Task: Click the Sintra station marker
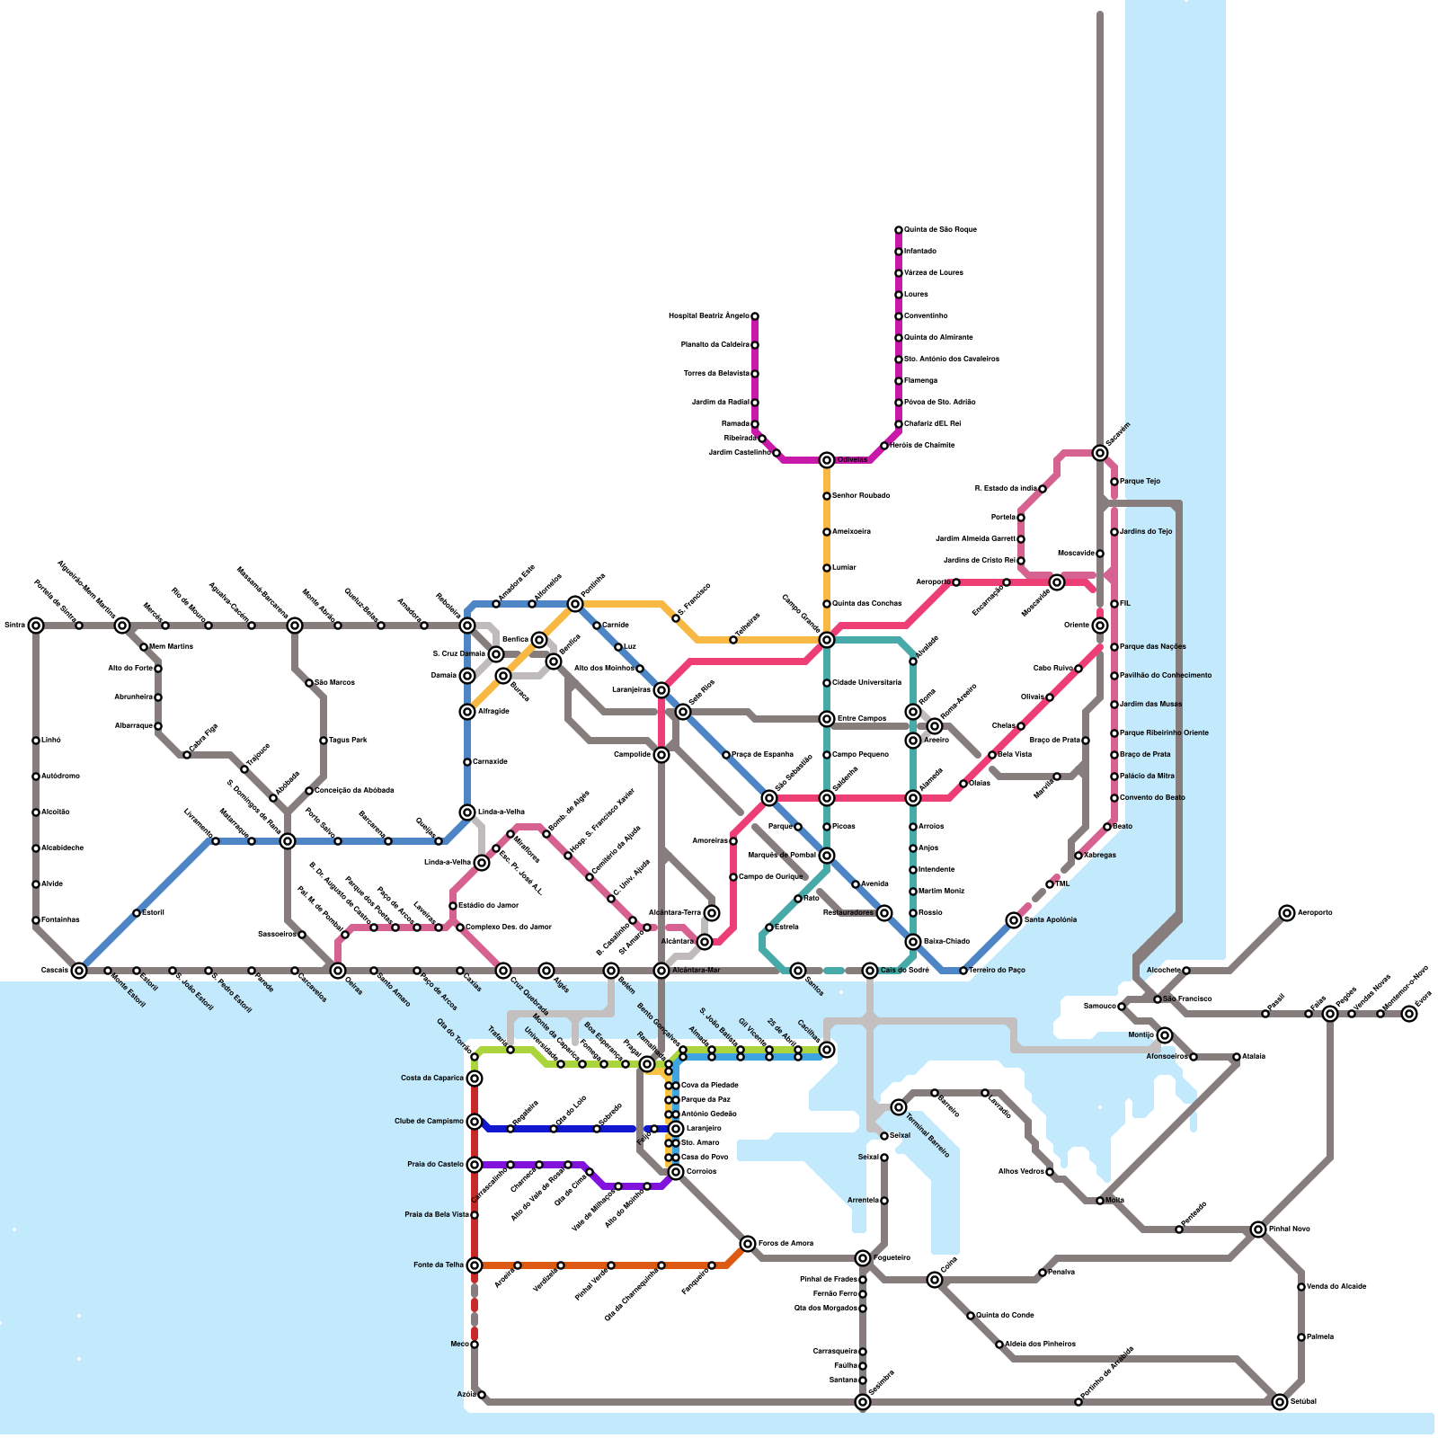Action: point(36,626)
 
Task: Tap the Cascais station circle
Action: point(79,971)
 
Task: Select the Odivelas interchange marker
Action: point(827,460)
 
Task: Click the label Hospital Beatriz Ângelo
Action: point(708,316)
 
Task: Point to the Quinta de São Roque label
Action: point(940,230)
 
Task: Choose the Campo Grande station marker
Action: point(827,640)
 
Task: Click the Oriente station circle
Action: point(1100,626)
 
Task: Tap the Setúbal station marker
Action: point(1280,1402)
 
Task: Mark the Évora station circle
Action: point(1409,1014)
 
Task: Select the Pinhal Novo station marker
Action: point(1258,1229)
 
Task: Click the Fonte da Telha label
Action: point(439,1265)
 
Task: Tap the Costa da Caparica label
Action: point(432,1078)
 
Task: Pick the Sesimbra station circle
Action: point(863,1402)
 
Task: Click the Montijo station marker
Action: point(1165,1035)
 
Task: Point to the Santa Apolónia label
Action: point(1051,920)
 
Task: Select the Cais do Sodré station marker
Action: point(870,971)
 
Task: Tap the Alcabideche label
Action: point(62,848)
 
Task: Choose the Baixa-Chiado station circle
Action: point(913,942)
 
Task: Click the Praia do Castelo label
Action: point(435,1165)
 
